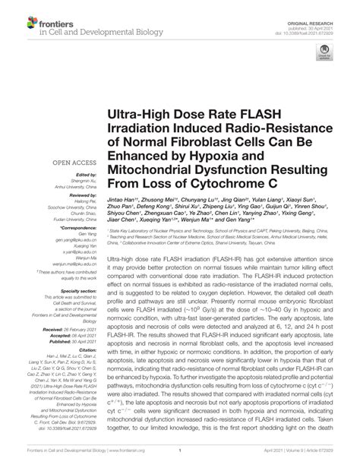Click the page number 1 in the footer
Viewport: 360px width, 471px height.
(180, 460)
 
